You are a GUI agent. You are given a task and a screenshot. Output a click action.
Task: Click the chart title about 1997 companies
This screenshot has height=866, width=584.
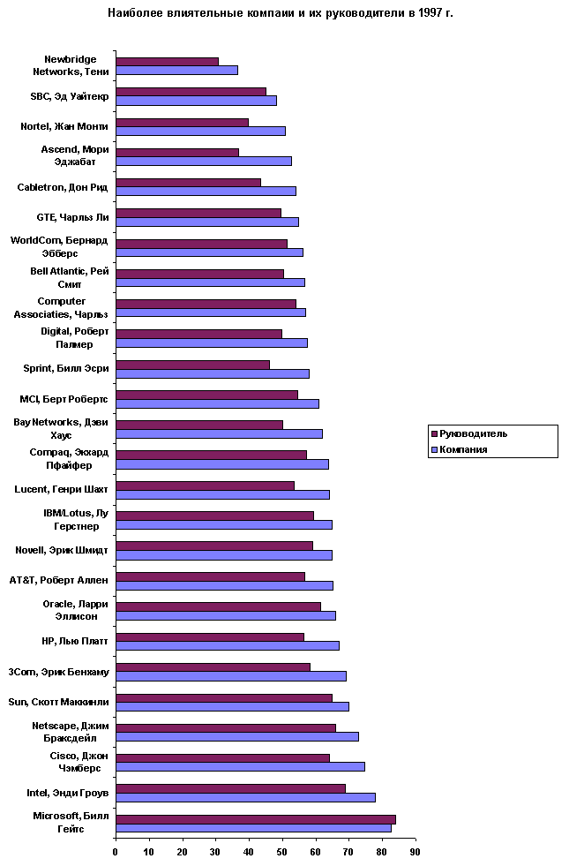(280, 13)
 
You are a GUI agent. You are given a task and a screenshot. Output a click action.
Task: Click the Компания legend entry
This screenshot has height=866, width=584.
(463, 449)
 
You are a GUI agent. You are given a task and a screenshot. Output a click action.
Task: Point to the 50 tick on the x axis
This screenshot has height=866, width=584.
(282, 851)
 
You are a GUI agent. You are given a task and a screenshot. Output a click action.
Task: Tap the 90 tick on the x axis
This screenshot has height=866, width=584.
(415, 851)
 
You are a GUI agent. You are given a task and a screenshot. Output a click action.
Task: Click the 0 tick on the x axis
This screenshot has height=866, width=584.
(116, 851)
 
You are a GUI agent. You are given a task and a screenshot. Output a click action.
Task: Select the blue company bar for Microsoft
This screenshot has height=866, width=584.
(253, 828)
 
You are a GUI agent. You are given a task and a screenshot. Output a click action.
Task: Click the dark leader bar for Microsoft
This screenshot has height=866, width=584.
(255, 819)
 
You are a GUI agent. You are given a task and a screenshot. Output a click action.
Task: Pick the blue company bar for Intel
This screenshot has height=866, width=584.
(245, 797)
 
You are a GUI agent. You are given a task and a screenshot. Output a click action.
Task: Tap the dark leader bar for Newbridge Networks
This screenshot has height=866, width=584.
(167, 61)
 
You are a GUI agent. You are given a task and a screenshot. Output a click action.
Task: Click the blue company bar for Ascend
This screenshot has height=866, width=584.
(203, 161)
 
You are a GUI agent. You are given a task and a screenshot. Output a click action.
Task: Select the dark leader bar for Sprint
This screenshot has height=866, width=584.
(192, 364)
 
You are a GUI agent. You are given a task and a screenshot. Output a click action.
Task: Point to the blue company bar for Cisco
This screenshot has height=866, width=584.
(240, 767)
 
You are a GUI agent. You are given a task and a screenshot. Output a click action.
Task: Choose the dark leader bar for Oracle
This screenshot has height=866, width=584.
(218, 606)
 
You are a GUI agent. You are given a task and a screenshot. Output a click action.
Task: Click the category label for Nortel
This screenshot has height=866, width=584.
(64, 126)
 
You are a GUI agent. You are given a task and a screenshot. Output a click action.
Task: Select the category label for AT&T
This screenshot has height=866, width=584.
(58, 580)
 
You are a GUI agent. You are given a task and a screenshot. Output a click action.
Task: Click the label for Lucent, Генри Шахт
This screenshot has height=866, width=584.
(62, 489)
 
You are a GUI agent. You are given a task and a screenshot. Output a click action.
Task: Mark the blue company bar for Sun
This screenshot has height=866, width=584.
(232, 706)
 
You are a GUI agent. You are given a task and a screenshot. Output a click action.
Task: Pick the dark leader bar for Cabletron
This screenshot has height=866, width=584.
(188, 182)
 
